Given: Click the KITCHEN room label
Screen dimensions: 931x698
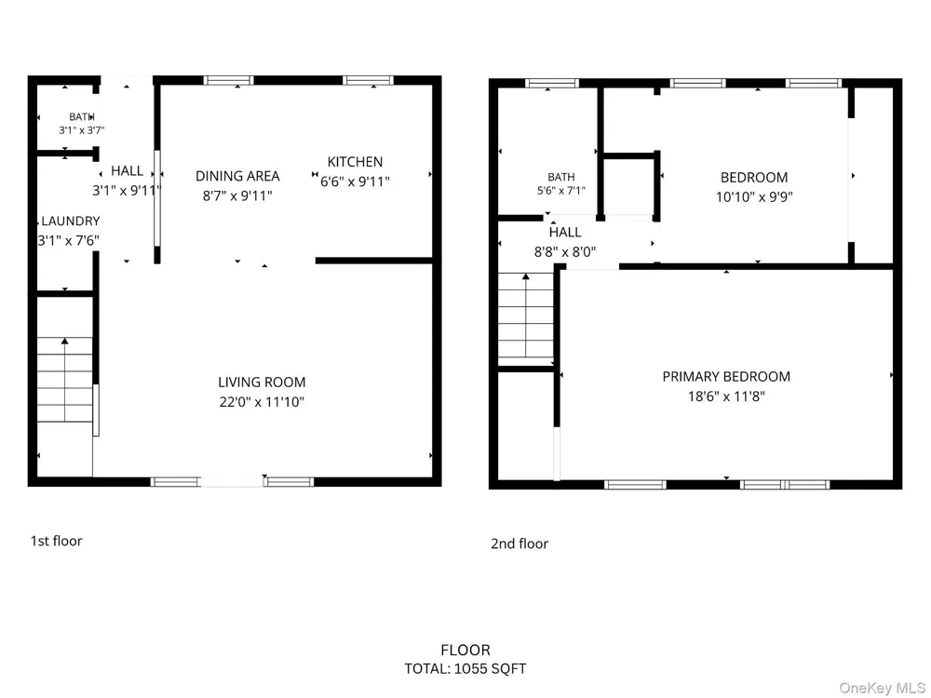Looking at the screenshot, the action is (x=355, y=161).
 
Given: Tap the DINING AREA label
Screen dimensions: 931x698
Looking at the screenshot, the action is (x=237, y=176).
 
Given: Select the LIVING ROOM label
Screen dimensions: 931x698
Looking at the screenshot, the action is (x=262, y=383).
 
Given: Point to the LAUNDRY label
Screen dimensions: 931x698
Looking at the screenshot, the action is (x=70, y=221).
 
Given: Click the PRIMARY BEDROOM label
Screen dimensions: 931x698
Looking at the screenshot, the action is (x=726, y=376).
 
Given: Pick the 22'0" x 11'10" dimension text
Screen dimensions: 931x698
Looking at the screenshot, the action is (x=262, y=402).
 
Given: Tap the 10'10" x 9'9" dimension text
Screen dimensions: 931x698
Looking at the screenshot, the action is (x=754, y=196).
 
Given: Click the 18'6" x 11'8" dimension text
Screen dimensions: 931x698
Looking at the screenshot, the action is (x=726, y=396).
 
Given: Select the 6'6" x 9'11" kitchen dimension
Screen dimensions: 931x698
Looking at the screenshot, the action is (x=355, y=181).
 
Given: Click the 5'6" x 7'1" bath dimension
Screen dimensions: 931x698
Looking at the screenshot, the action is (x=561, y=190).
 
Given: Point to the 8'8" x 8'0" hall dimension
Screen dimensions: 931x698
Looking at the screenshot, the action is (x=565, y=251).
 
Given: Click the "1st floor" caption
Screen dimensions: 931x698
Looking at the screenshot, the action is (x=57, y=541).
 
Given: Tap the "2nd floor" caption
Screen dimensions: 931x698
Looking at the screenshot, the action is (x=519, y=544).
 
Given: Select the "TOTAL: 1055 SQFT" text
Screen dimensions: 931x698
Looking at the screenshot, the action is (x=465, y=669).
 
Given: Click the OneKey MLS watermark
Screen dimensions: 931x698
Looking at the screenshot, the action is (x=882, y=688).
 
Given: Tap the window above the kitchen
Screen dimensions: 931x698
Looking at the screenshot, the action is (x=368, y=80).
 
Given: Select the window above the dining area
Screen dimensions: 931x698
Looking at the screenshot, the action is (x=229, y=80).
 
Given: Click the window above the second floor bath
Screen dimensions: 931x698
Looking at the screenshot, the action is (x=551, y=83).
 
